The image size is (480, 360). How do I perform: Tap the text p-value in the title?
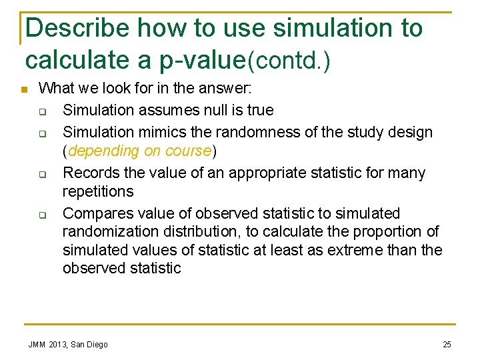(203, 59)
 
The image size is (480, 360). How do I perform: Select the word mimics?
(151, 132)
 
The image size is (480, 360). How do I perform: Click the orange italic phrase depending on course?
(139, 151)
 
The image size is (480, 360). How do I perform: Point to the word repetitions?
(98, 191)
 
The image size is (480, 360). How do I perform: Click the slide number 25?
(447, 344)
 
